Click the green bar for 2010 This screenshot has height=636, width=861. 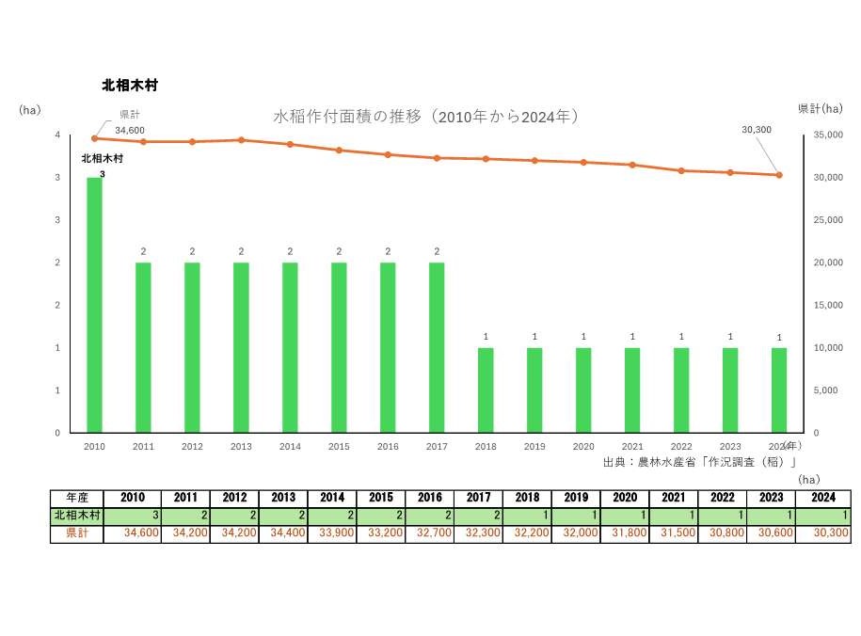click(x=94, y=305)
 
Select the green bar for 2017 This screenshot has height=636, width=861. click(x=437, y=347)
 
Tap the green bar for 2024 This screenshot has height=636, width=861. click(x=779, y=390)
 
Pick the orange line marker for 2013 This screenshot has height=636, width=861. click(x=241, y=140)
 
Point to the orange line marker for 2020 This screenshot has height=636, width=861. click(x=583, y=163)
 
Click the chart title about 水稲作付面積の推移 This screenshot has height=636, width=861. click(x=424, y=118)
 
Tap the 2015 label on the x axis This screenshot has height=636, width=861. click(x=339, y=447)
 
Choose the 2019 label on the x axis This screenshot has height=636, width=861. click(x=534, y=447)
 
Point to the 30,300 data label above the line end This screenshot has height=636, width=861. click(x=757, y=130)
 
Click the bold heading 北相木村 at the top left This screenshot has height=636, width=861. click(x=130, y=86)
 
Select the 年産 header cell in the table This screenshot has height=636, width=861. click(x=77, y=498)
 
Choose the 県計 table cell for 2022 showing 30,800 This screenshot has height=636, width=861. click(x=723, y=533)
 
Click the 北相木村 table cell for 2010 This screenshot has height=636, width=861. click(x=135, y=516)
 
